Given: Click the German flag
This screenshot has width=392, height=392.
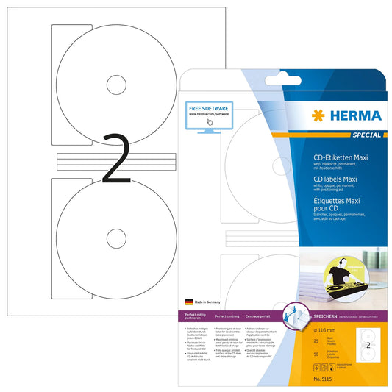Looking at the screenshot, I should tap(189, 302).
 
